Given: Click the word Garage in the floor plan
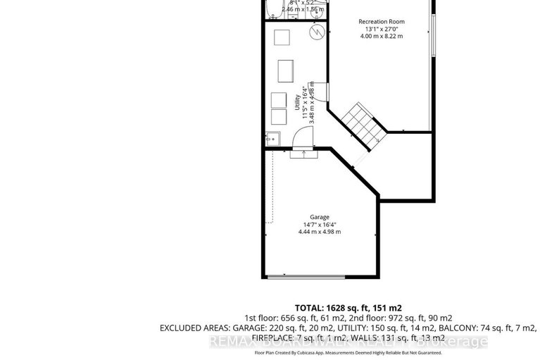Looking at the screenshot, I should (x=320, y=216).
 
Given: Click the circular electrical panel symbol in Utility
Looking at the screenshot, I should (x=319, y=32).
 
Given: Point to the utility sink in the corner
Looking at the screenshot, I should (x=272, y=139).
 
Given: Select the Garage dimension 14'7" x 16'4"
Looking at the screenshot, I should (x=320, y=224).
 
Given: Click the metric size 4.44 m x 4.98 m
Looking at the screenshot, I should (x=320, y=232).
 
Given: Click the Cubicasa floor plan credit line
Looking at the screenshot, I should (x=347, y=352).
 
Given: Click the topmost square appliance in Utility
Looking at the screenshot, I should (x=282, y=38).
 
